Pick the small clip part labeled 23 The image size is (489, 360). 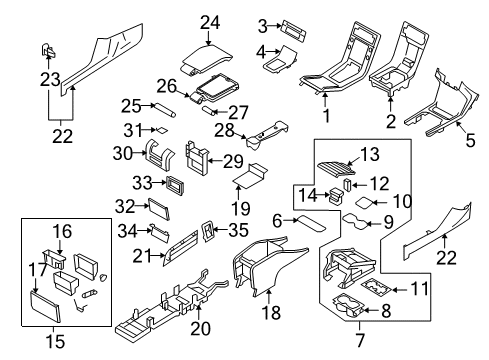48,51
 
